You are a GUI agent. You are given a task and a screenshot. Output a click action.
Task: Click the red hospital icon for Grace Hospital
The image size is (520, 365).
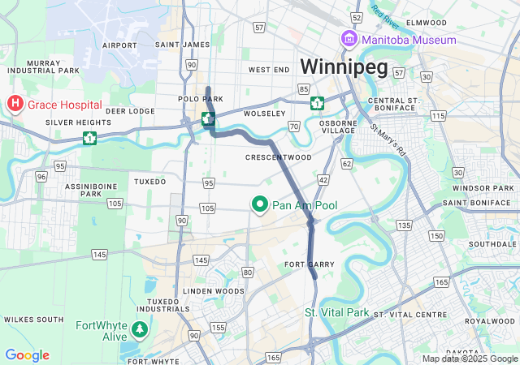click(x=15, y=104)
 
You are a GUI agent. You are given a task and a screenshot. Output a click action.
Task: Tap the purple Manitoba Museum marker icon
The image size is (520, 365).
click(x=349, y=39)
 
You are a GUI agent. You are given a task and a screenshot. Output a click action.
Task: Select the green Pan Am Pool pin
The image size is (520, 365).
click(x=260, y=205)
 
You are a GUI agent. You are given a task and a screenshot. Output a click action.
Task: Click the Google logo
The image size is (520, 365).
click(x=27, y=355)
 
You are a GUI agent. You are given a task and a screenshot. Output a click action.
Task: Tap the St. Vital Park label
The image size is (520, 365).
click(x=336, y=312)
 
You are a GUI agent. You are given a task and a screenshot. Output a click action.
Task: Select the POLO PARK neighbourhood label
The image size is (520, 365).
click(x=200, y=99)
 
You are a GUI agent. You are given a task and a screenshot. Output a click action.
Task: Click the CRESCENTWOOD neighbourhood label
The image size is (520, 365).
click(x=279, y=157)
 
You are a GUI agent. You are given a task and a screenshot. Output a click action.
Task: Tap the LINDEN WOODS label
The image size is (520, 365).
click(x=213, y=290)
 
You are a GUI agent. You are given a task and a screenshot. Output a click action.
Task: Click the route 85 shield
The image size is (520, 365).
click(x=303, y=88)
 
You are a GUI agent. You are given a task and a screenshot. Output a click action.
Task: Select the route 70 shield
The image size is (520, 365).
click(x=293, y=126)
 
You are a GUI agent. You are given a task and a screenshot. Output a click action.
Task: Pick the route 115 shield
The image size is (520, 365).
click(x=438, y=117)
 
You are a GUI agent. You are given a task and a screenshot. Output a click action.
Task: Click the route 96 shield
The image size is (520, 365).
click(x=41, y=176)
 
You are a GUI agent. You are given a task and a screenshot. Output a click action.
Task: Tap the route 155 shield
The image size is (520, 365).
click(x=218, y=328)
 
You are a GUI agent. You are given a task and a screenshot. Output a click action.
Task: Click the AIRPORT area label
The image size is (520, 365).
click(x=120, y=45)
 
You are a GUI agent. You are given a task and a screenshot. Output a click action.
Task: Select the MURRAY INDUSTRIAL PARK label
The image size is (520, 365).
click(x=53, y=67)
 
